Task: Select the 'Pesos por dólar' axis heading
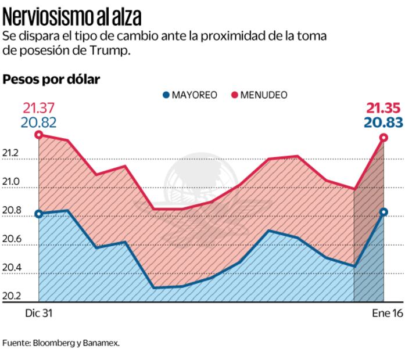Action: pos(51,79)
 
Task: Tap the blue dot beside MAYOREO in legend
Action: pos(166,95)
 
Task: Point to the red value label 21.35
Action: pos(384,107)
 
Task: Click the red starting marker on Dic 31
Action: pos(39,135)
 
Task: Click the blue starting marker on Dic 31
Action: pos(39,214)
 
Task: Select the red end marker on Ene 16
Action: pos(384,138)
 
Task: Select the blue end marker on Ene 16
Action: pos(384,212)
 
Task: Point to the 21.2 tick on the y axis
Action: pos(12,154)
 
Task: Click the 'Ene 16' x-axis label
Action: pos(386,313)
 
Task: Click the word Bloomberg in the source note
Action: pos(51,343)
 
